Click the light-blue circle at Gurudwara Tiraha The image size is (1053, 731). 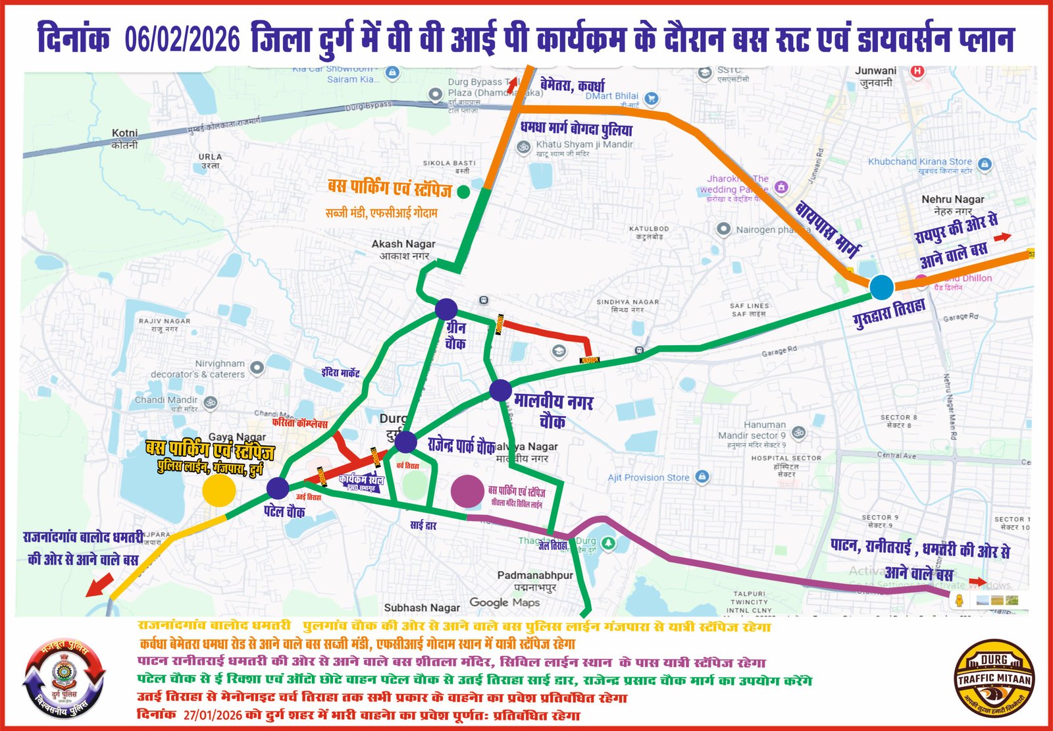coord(881,287)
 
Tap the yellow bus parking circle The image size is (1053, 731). coord(218,490)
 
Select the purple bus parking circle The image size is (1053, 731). coord(467,491)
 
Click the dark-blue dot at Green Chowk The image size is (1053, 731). coord(446,309)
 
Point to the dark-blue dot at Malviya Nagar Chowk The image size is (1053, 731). coord(501,390)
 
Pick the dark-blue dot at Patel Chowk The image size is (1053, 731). coord(278,488)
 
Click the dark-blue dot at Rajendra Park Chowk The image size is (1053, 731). coord(405,442)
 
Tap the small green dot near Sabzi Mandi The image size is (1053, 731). coord(463,192)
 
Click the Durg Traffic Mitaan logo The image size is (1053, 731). coord(994,678)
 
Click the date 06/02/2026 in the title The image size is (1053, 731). coord(182,40)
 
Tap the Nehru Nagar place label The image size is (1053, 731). coord(952,204)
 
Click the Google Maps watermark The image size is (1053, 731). coord(504,603)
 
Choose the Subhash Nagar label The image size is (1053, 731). coord(422,608)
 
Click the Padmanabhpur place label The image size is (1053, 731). coord(534,580)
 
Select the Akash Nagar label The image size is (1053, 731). coord(403,249)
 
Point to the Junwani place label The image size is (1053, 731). coord(875,76)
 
